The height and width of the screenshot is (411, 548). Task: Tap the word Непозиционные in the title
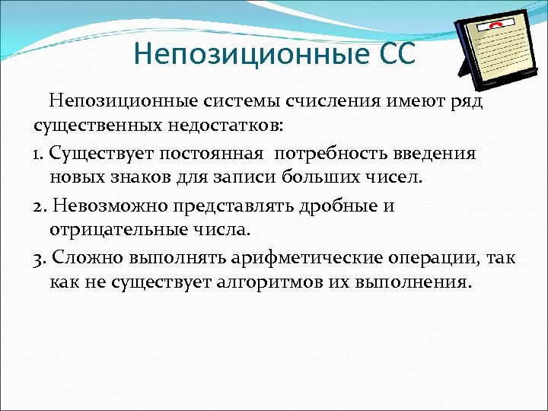250,55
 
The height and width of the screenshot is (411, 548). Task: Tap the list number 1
37,154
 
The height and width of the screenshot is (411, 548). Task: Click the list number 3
39,258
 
